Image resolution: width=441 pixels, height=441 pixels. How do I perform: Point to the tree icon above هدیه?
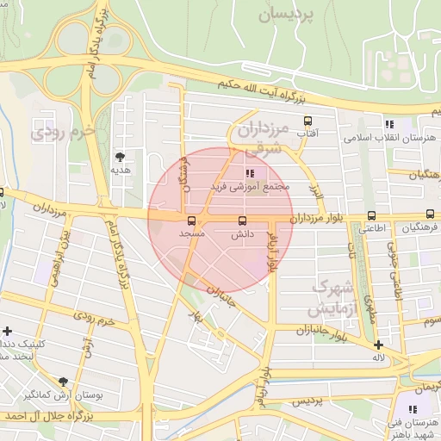pos(120,157)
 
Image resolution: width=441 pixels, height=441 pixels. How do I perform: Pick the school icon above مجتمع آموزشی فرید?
pos(250,173)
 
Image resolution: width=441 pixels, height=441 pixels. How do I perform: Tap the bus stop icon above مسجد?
pos(190,220)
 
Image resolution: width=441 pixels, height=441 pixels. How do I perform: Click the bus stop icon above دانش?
pos(241,220)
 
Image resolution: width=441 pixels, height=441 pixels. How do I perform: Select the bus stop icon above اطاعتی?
pos(371,215)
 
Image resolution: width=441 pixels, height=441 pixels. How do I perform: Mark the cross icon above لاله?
pos(377,345)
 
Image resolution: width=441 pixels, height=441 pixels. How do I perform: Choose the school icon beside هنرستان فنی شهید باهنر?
pos(413,407)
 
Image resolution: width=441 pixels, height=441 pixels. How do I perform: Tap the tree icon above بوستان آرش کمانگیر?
pos(63,382)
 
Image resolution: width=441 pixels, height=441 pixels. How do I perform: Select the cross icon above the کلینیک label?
pos(8,330)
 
